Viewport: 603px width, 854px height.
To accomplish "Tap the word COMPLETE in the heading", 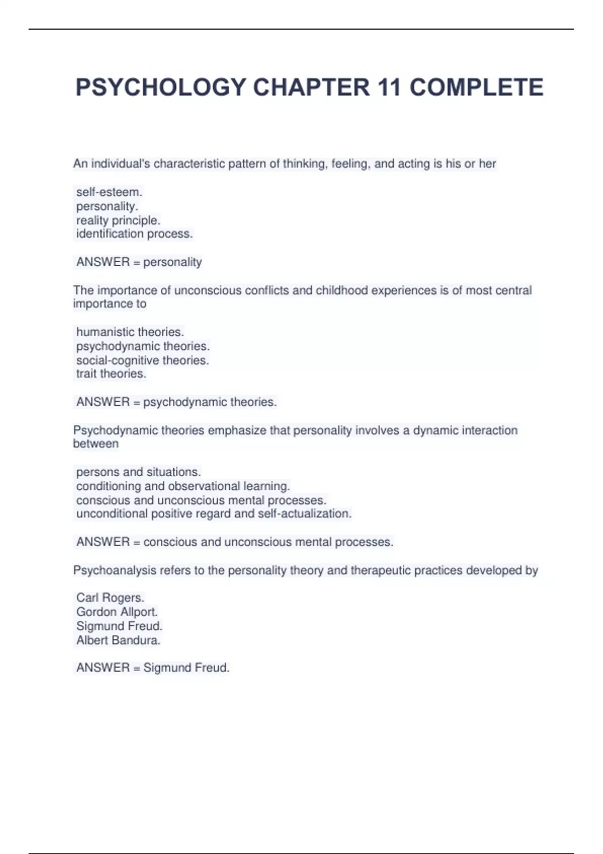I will coord(476,87).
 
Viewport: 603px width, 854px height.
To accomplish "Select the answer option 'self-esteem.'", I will coord(109,192).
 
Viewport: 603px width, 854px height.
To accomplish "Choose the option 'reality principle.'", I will coord(118,220).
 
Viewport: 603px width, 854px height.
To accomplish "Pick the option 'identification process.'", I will coord(134,234).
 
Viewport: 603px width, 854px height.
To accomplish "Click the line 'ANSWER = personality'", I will coord(139,262).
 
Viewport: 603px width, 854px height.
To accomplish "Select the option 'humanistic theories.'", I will coord(130,332).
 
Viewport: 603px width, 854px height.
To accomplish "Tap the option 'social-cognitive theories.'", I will coord(142,360).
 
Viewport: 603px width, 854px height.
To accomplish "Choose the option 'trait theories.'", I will coord(111,374).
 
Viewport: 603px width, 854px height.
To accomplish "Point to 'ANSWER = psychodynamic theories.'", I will coord(176,402).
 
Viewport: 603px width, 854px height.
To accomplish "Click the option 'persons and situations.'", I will coord(138,472).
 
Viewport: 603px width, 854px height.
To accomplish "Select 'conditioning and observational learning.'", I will coord(183,486).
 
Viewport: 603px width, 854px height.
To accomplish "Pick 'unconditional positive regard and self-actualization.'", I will coord(214,513).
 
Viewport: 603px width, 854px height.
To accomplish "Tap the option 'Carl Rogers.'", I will coord(110,598).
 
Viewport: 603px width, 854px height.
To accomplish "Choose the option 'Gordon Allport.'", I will coord(117,612).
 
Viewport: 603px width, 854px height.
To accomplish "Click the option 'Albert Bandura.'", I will coord(118,640).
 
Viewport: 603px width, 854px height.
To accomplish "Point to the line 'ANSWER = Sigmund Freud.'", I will coord(153,668).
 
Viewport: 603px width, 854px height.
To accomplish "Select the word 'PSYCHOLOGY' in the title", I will coord(161,87).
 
